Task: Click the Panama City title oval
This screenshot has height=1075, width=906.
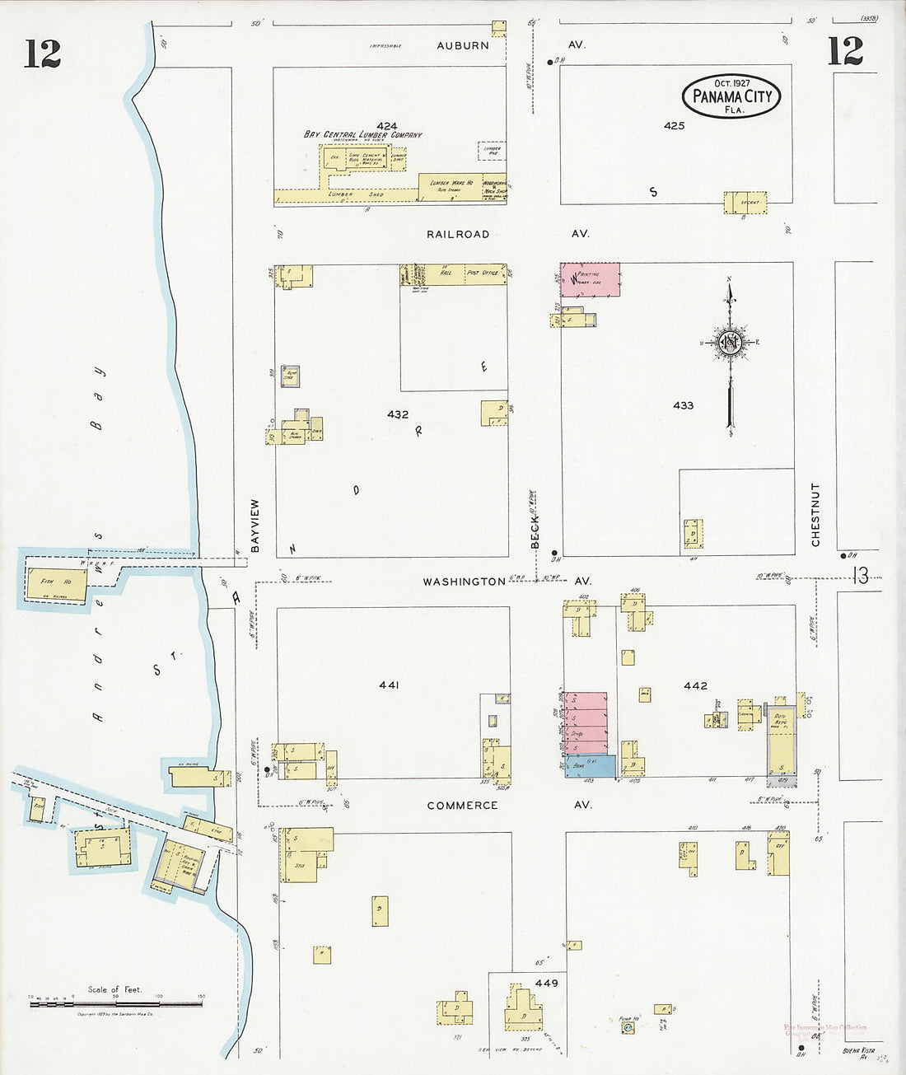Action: pyautogui.click(x=731, y=96)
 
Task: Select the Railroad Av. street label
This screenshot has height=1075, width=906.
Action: pyautogui.click(x=458, y=234)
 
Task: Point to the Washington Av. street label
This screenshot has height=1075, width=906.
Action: pyautogui.click(x=464, y=582)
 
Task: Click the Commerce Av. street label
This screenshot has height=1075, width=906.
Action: pyautogui.click(x=462, y=805)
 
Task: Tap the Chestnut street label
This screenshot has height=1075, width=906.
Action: pyautogui.click(x=815, y=515)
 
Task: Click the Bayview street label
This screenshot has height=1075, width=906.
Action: pyautogui.click(x=255, y=525)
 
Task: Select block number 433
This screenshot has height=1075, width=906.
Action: pyautogui.click(x=683, y=404)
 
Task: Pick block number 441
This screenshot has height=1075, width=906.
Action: pyautogui.click(x=390, y=685)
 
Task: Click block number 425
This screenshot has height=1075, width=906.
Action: pyautogui.click(x=674, y=125)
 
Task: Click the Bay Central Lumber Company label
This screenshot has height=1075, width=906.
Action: pyautogui.click(x=362, y=135)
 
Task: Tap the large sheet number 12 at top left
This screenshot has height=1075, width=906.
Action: pyautogui.click(x=42, y=54)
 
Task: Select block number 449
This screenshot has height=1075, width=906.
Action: pyautogui.click(x=546, y=983)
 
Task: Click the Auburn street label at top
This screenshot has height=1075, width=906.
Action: pyautogui.click(x=463, y=45)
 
